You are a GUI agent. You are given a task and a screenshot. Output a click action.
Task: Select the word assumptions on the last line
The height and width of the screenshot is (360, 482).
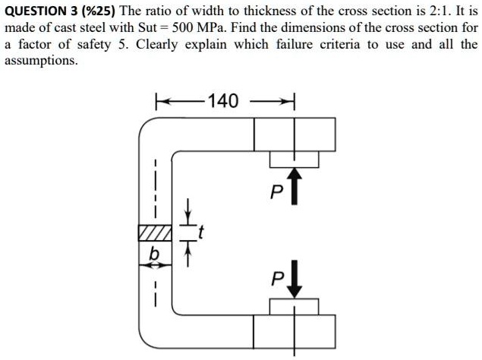tap(40, 61)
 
